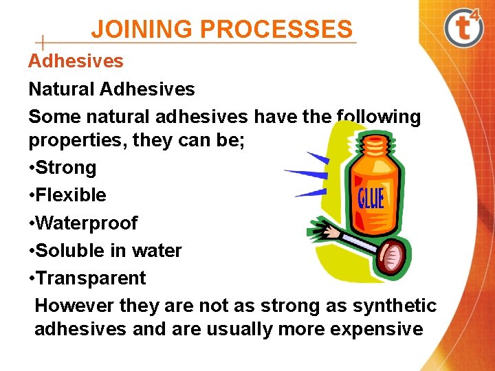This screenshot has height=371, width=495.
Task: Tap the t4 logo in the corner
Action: click(x=464, y=27)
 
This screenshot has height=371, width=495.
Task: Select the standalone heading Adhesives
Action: click(x=76, y=61)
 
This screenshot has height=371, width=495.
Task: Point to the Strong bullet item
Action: click(x=65, y=168)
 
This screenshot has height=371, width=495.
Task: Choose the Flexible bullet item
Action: click(x=70, y=195)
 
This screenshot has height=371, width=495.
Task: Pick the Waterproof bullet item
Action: click(x=86, y=223)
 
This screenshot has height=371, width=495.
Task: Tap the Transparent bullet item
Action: click(x=90, y=278)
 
